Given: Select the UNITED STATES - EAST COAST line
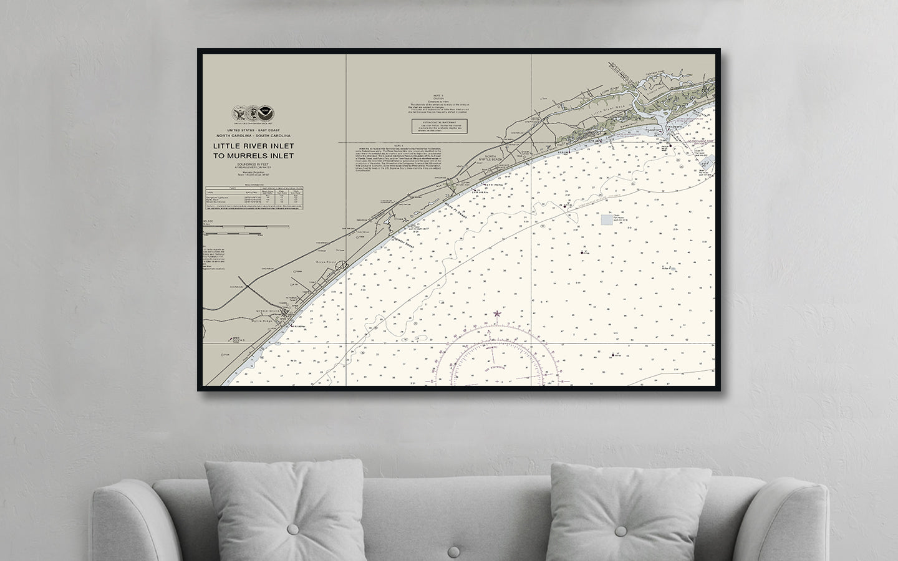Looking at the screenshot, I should pyautogui.click(x=253, y=130).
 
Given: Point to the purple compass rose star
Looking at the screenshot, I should pyautogui.click(x=496, y=314).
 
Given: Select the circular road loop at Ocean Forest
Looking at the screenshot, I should pyautogui.click(x=340, y=267).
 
